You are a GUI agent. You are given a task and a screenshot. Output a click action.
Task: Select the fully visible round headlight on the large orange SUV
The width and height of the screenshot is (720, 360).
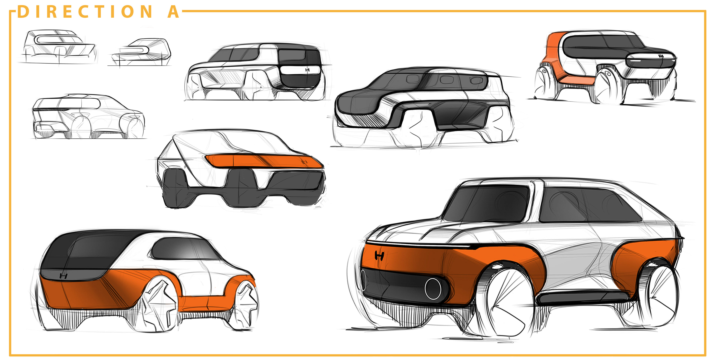click(x=433, y=288)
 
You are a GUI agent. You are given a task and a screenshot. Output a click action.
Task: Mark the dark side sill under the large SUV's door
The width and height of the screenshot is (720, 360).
click(x=581, y=298)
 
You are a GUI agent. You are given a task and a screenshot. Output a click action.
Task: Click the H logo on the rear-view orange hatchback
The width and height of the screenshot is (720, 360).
click(x=64, y=276)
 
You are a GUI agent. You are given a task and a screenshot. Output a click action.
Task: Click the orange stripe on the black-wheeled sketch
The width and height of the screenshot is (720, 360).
click(x=263, y=161)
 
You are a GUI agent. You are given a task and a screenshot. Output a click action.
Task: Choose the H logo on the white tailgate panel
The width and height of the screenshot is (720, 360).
click(x=307, y=70)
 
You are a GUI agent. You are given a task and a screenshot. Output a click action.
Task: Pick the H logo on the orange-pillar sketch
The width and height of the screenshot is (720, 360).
click(x=661, y=56)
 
